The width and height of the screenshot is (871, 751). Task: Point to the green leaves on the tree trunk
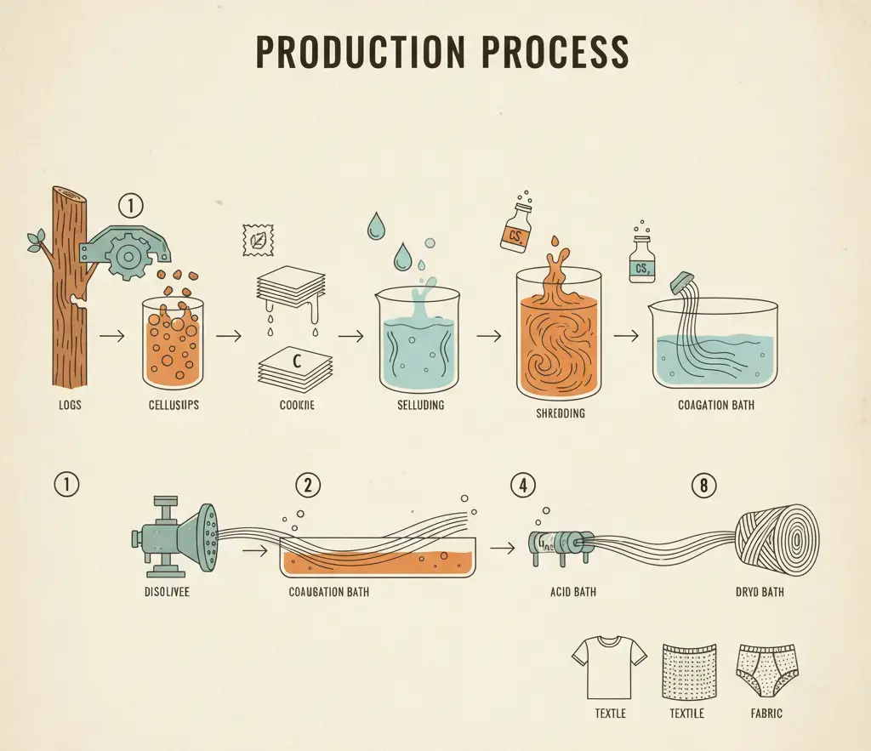36,240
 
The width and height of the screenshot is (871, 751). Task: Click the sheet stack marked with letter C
292,363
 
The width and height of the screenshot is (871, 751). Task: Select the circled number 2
307,485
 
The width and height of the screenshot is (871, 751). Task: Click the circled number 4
522,485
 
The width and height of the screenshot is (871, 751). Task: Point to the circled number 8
703,485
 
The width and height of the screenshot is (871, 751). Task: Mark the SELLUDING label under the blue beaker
420,405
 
